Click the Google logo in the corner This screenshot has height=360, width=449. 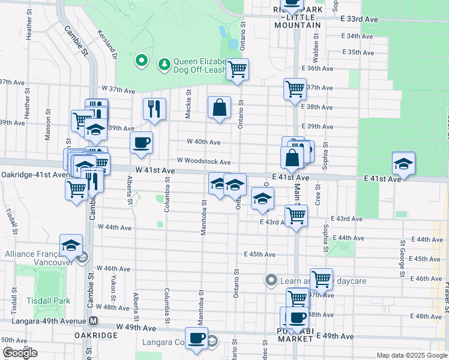coord(20,353)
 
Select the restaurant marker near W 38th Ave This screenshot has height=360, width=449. coord(154,109)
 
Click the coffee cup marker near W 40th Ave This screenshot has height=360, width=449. coord(142,143)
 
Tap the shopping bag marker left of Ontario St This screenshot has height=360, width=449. coord(220,107)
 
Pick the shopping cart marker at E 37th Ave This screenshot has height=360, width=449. coord(295,89)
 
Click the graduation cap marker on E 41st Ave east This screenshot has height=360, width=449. coord(404,162)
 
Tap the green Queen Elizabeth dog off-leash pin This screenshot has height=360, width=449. coord(142,59)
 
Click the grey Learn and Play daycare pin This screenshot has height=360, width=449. coord(271,280)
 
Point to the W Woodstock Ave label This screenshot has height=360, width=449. coord(203,162)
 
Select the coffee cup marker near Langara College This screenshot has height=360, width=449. coord(196,338)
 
